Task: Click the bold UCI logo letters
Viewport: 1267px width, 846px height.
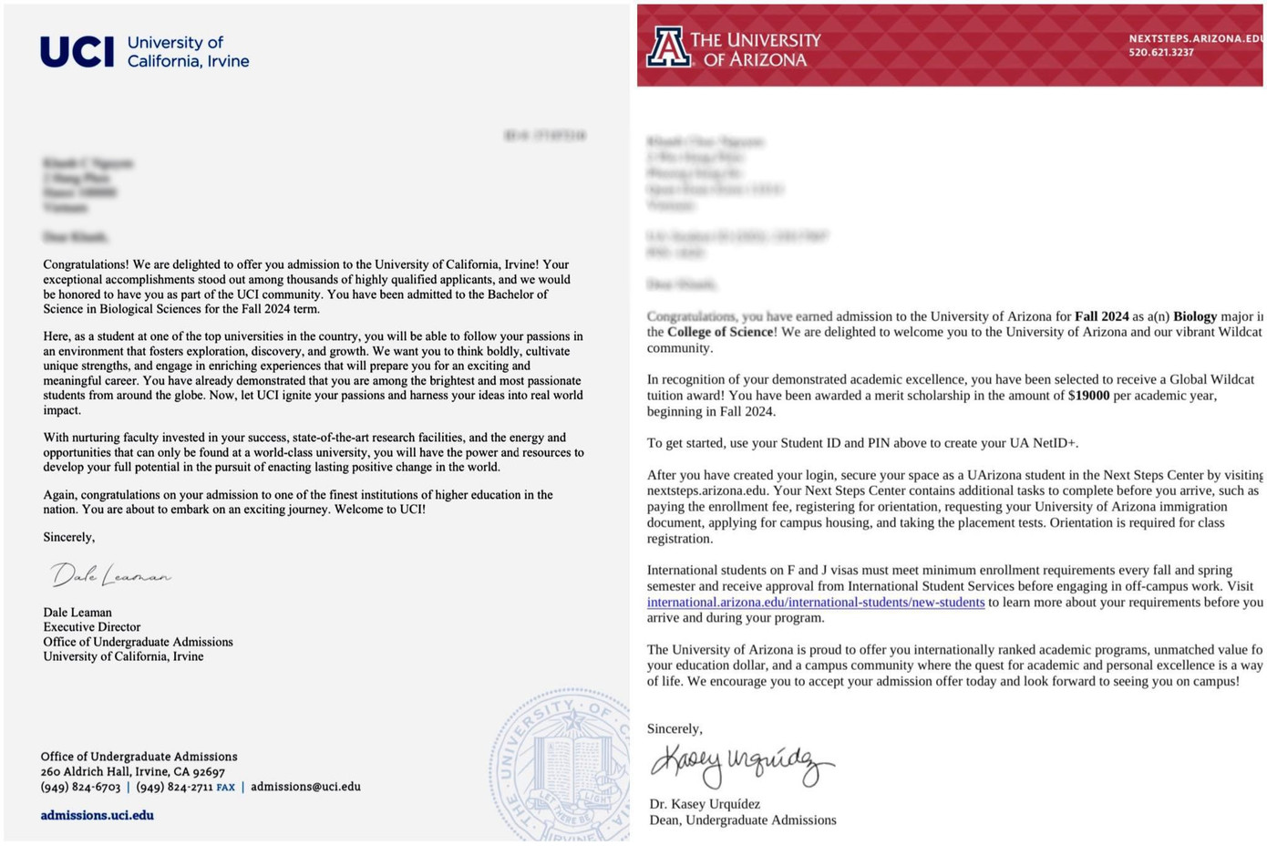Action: [77, 52]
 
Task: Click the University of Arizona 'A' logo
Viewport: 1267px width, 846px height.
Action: [668, 47]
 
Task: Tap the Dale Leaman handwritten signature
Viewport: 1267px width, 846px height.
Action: [110, 574]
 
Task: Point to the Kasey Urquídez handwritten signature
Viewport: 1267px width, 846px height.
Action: [740, 764]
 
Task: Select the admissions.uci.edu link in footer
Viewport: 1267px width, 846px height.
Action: [97, 815]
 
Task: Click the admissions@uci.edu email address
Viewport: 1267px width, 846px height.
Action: [305, 786]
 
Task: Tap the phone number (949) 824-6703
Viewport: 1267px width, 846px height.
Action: [80, 787]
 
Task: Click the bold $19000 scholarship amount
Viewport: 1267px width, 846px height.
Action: [1088, 396]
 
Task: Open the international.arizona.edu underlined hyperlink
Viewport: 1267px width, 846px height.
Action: [815, 603]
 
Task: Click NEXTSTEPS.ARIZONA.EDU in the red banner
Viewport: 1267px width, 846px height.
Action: [1195, 38]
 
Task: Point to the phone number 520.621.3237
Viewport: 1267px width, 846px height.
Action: [1160, 53]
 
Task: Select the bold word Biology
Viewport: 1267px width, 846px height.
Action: [1194, 316]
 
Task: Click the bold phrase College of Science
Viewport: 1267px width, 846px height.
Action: [720, 332]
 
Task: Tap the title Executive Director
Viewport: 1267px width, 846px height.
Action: [92, 627]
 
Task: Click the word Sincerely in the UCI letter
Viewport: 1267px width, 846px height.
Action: [68, 537]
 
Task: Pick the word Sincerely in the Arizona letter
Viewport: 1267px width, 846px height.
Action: [675, 728]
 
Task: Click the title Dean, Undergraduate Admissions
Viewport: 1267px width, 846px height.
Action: [742, 820]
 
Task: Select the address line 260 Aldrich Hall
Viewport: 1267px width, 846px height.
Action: [132, 771]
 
